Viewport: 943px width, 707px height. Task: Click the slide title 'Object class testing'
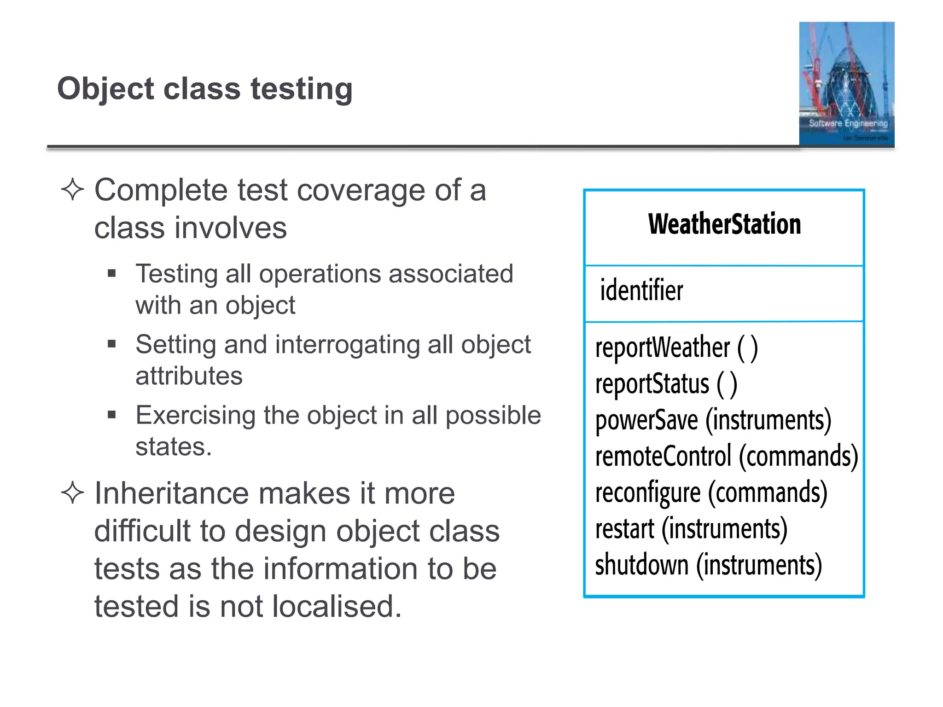205,88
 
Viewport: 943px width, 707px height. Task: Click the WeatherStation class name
724,224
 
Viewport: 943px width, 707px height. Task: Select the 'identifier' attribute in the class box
641,290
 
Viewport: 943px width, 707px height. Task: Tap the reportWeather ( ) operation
676,348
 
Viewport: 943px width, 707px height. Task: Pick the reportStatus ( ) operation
666,384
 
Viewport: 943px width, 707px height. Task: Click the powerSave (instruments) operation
713,420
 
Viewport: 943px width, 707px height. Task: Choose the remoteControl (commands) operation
726,456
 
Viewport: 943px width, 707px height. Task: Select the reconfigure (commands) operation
711,493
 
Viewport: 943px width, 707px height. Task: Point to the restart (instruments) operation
691,529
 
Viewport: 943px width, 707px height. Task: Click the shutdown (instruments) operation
708,565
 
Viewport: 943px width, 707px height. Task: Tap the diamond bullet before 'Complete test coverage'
72,190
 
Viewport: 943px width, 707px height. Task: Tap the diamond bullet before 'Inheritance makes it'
72,493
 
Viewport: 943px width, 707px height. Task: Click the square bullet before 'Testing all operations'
111,274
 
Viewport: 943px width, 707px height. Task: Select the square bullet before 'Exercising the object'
111,415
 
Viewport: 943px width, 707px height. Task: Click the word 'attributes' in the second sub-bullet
189,376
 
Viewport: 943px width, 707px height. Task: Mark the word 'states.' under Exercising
174,446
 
